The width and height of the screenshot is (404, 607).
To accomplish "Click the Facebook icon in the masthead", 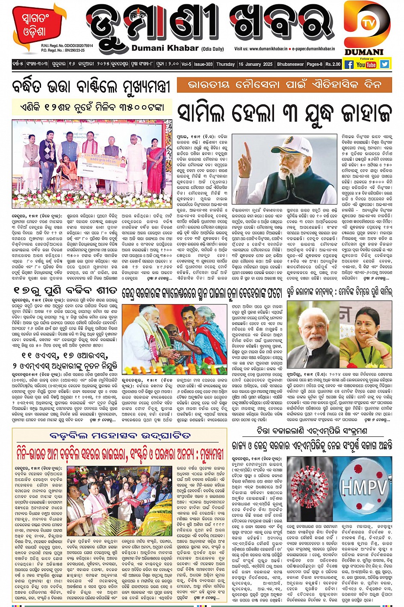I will [349, 65].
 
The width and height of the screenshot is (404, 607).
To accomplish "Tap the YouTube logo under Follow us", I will [366, 65].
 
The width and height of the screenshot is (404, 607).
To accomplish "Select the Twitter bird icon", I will [385, 65].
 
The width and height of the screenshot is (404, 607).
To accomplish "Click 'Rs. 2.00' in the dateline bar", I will [333, 64].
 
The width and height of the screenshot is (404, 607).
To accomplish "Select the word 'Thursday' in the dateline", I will [225, 64].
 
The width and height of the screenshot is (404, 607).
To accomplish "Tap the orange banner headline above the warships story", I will [284, 85].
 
